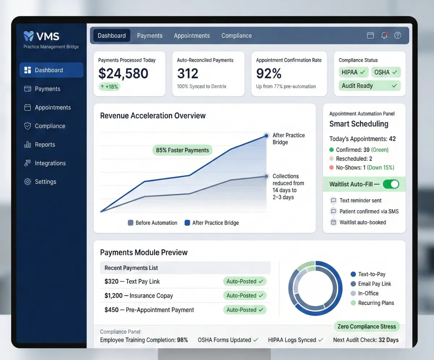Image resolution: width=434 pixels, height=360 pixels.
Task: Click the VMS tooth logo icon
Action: (29, 36)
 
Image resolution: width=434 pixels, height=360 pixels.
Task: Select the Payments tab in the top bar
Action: (150, 35)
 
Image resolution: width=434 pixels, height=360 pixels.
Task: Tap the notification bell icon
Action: (384, 35)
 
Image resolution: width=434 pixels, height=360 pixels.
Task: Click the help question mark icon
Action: (398, 35)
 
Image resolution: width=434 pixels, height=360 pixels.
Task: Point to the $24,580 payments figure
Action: (123, 73)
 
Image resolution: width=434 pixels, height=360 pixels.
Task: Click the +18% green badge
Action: (110, 87)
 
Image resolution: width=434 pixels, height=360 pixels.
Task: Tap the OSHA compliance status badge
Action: (386, 72)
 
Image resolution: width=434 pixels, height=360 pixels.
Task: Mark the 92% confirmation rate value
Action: (269, 73)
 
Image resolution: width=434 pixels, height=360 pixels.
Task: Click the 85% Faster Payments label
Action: (182, 150)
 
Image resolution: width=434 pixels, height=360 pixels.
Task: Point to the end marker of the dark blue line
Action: (266, 136)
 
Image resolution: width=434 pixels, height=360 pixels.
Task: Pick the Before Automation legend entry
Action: (153, 223)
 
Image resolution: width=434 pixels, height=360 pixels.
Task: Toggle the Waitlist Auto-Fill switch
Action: (391, 184)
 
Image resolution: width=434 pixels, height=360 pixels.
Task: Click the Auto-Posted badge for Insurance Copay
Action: (244, 296)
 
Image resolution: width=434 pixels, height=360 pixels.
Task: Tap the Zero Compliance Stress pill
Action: (366, 326)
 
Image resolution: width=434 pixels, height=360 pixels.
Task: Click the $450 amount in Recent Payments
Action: (111, 310)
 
